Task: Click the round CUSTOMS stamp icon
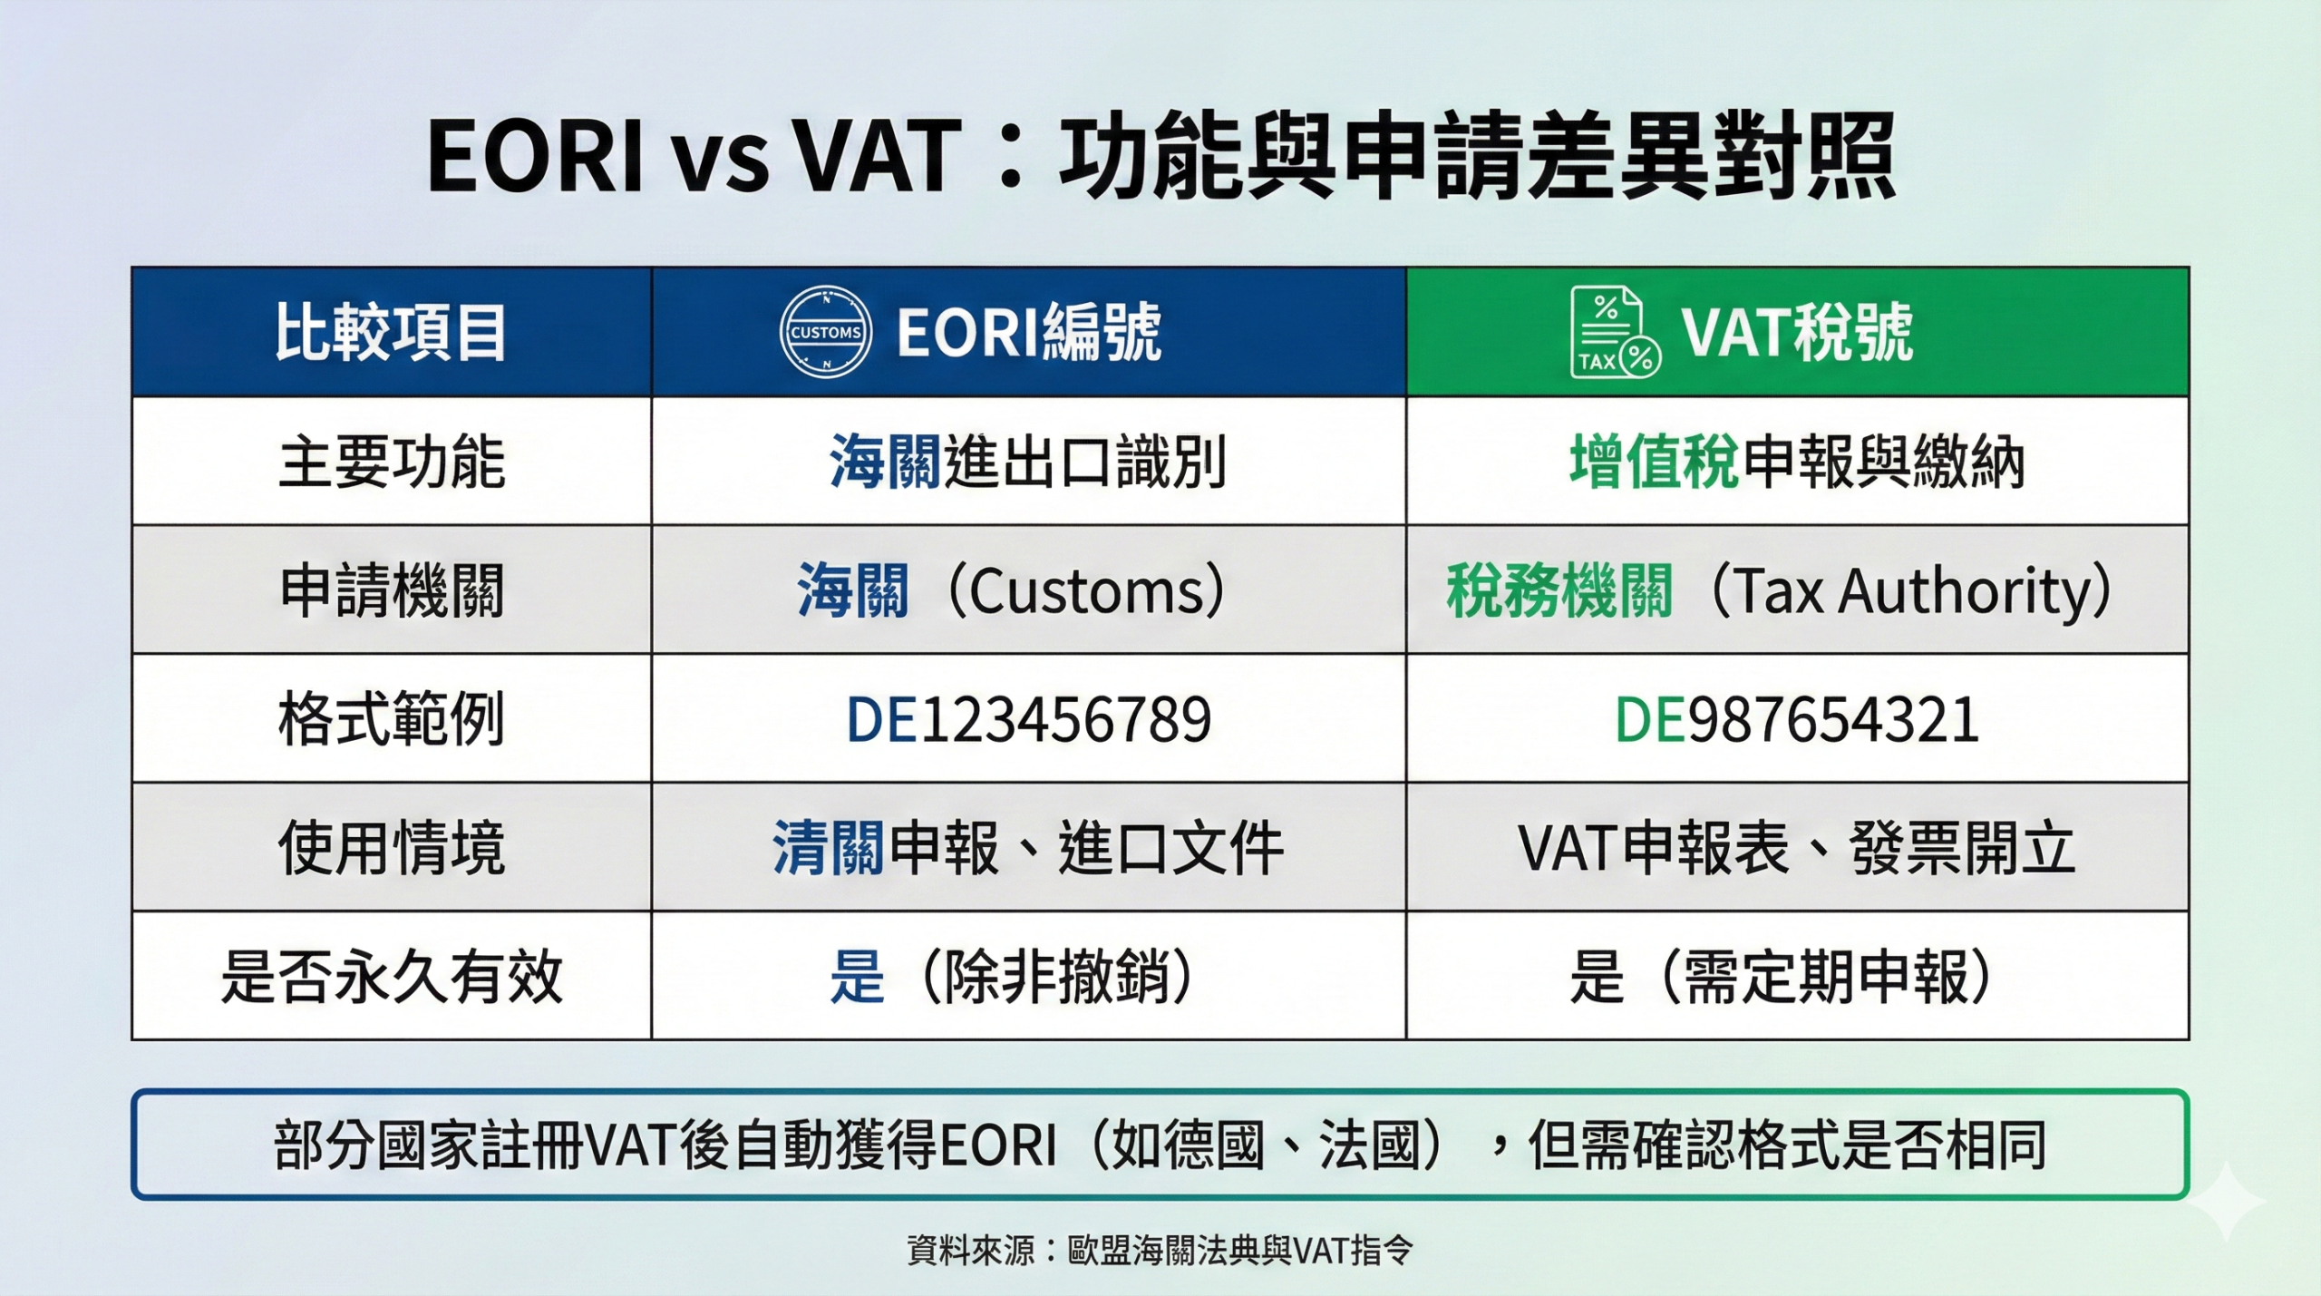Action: [825, 333]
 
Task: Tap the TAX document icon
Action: [1614, 333]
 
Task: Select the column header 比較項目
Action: [391, 333]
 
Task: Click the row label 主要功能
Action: [391, 462]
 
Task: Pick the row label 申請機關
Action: [391, 590]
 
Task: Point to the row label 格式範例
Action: [391, 719]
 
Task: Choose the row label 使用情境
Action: [391, 848]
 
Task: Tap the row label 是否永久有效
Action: [391, 977]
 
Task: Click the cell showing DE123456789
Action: [1028, 719]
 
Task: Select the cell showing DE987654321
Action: [1796, 719]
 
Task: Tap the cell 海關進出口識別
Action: [1028, 462]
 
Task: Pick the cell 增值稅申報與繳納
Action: [1796, 462]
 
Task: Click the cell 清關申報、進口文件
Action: [1028, 848]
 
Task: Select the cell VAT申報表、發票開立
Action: [1796, 848]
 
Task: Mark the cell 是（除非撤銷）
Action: [1012, 977]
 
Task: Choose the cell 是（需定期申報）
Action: [1782, 977]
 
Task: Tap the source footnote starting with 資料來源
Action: [1160, 1251]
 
